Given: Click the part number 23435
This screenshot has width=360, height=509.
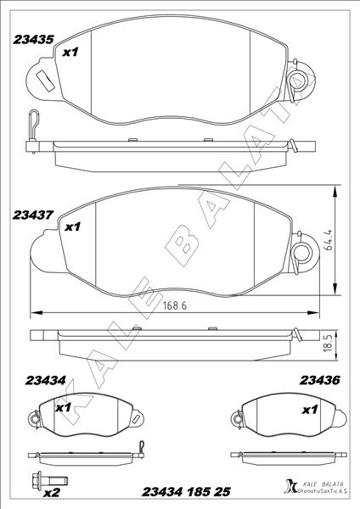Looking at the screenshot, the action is point(33,40).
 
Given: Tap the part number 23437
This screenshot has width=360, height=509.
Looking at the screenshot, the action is point(33,215).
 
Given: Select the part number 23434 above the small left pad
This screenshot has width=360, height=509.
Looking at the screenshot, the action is point(46,380).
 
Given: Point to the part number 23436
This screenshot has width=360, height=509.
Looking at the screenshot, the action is point(320,380).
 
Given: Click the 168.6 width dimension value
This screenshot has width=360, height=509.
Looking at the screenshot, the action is point(175,305).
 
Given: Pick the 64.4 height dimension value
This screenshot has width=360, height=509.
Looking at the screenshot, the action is point(329,239).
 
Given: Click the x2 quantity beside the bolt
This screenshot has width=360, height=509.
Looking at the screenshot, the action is point(52,494).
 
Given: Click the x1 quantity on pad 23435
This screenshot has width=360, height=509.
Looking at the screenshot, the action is point(70,52).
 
